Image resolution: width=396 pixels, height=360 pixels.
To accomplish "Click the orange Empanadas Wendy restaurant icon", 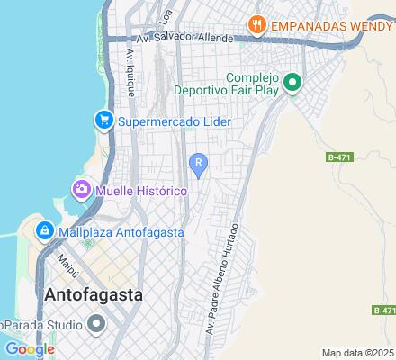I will coord(257,25).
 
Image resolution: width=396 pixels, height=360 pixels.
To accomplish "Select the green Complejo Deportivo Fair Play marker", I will coord(292,84).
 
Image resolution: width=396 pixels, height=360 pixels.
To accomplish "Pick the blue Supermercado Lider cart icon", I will coord(103,121).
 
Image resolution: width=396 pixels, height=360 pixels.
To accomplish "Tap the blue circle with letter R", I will coord(198,162).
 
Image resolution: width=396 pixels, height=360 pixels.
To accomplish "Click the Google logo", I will coord(29,349).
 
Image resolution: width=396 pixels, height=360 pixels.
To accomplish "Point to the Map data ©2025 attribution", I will coord(358,352).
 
